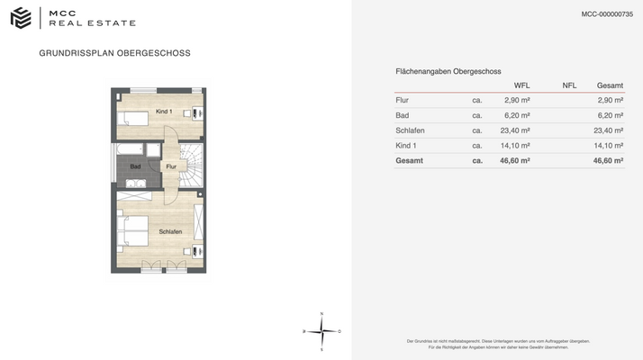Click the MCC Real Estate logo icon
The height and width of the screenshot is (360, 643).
[22, 16]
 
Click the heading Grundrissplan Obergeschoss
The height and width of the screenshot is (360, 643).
[114, 53]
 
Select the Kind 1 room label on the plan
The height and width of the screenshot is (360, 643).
[164, 111]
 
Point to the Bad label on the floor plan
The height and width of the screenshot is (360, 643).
[135, 166]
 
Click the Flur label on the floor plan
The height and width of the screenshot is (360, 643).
[171, 166]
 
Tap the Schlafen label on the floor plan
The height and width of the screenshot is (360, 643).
[170, 232]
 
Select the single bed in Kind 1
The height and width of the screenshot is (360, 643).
[134, 118]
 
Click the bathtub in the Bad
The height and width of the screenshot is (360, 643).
[131, 148]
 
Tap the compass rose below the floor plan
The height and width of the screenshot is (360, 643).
[321, 331]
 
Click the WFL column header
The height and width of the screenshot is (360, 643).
[521, 85]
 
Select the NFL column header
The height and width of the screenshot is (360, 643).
[569, 85]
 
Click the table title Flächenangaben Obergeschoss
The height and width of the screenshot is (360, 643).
[448, 71]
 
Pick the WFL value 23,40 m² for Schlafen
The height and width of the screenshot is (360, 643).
[517, 130]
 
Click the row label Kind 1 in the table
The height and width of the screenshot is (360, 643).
[406, 145]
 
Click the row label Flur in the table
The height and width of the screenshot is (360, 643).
[403, 100]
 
